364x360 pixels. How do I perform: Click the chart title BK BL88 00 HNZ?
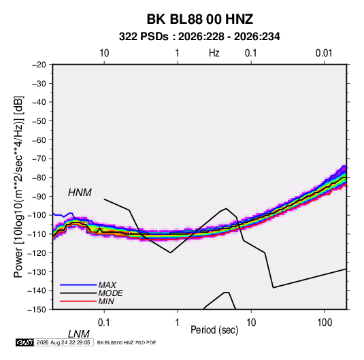click(x=200, y=19)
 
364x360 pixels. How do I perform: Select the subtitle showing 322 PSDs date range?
click(x=199, y=37)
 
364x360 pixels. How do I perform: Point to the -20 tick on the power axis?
click(x=39, y=65)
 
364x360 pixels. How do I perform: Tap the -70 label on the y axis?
click(x=39, y=159)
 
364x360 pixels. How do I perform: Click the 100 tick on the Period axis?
click(x=325, y=323)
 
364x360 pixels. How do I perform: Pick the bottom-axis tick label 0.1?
click(x=104, y=323)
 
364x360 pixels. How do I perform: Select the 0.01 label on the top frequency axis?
click(x=324, y=53)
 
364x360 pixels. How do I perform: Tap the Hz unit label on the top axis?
click(x=214, y=53)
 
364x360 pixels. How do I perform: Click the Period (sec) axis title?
click(x=214, y=330)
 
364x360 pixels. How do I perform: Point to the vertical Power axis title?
click(x=18, y=187)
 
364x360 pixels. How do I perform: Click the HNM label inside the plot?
click(x=80, y=193)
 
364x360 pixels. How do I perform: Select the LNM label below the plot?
click(x=79, y=334)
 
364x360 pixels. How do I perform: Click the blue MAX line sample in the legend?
click(x=78, y=284)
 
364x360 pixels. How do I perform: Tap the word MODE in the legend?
click(x=110, y=293)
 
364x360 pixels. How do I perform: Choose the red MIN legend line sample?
click(x=78, y=301)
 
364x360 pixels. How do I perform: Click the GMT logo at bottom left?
click(x=25, y=342)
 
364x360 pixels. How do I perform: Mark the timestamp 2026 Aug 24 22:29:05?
click(x=63, y=342)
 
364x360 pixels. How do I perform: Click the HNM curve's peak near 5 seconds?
click(x=226, y=208)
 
